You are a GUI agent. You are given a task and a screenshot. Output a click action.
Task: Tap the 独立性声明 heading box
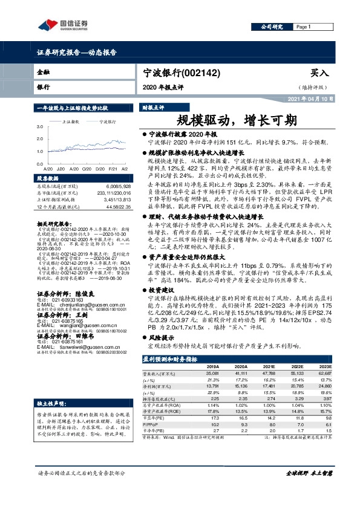pyautogui.click(x=51, y=386)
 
